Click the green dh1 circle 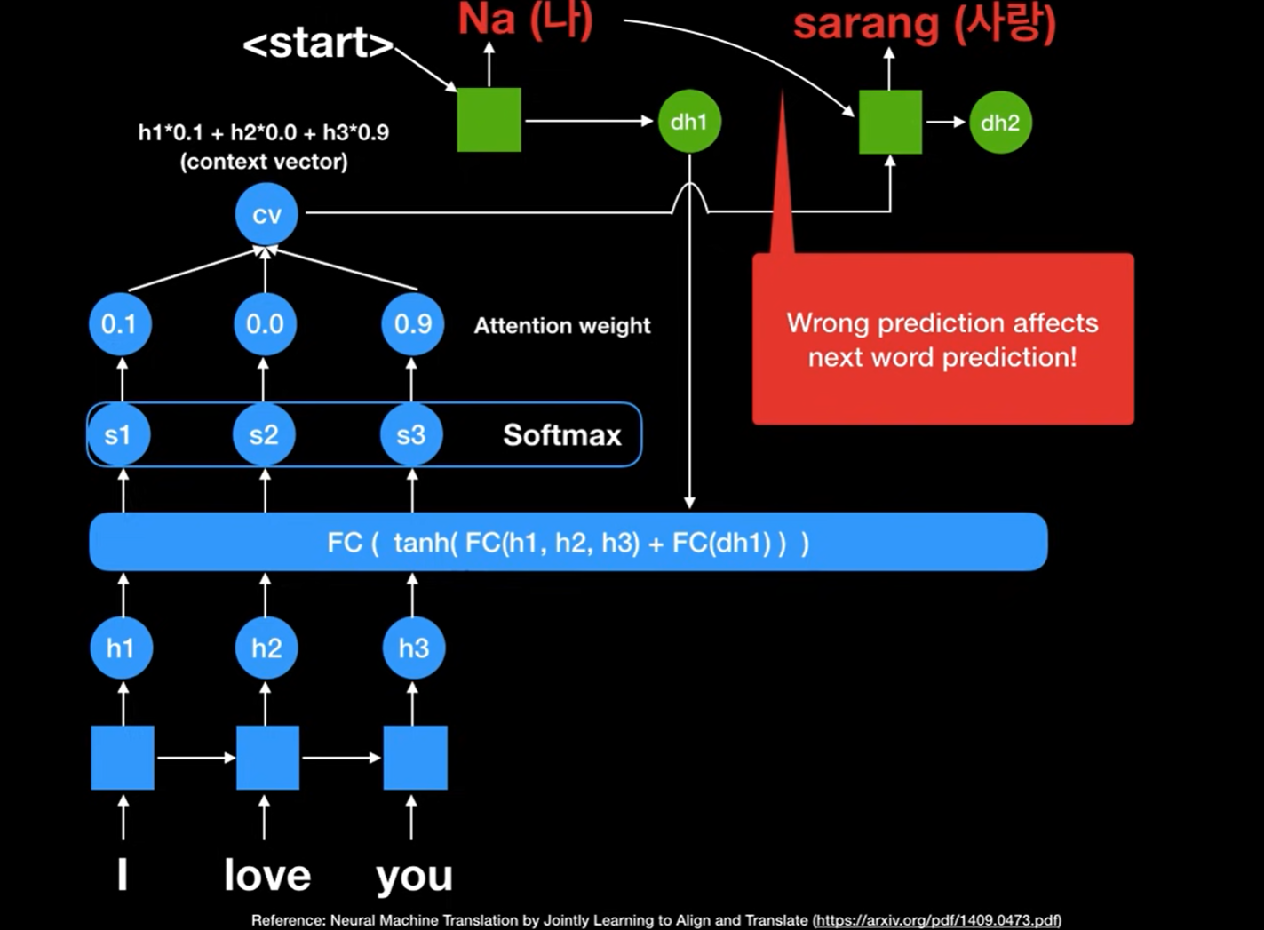689,122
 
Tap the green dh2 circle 1000,123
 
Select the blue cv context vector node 266,214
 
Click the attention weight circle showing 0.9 412,324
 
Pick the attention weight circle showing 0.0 265,324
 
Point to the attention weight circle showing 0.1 119,324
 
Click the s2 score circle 264,434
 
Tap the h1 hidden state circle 121,648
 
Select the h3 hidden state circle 413,648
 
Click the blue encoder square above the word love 268,758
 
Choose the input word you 414,876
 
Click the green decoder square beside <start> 489,120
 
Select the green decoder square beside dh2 890,122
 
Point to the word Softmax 562,434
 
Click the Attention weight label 562,326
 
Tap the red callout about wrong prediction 942,339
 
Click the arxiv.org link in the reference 937,920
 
